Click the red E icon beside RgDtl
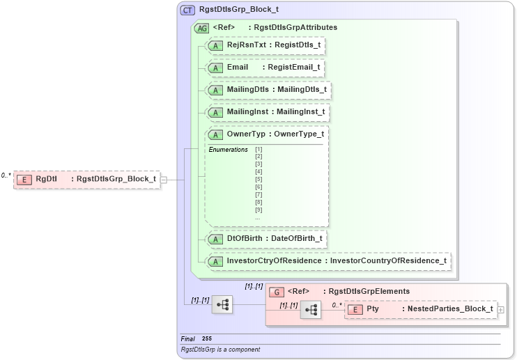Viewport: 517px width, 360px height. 24,179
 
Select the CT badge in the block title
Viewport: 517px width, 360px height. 187,10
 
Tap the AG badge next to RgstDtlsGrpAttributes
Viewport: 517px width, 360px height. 201,28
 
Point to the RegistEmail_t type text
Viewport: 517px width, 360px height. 295,68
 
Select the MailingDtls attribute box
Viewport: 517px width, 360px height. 266,90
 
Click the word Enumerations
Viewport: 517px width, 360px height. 228,150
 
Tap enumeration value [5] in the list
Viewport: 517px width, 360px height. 258,180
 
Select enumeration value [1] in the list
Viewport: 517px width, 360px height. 258,150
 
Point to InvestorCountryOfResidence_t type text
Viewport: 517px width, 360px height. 388,261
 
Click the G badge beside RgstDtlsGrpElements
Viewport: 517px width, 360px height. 277,292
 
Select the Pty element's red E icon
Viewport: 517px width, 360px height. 355,309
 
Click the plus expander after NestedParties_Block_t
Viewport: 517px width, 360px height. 501,309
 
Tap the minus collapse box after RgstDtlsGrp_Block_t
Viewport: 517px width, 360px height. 164,179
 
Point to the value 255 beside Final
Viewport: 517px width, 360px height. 207,338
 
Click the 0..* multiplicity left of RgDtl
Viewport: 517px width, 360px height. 6,175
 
